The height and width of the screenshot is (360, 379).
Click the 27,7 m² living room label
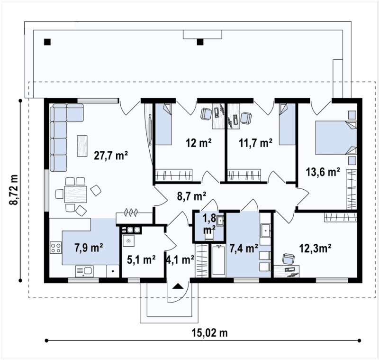tap(111, 155)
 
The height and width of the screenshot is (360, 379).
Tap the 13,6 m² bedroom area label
tap(323, 172)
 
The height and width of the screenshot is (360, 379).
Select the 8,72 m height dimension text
tap(14, 189)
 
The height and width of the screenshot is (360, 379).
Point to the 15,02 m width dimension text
tap(210, 333)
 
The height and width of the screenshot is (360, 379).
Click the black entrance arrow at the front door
tap(178, 286)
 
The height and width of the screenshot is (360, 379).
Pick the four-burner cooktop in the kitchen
tap(55, 248)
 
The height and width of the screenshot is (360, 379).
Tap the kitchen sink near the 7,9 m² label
tap(84, 271)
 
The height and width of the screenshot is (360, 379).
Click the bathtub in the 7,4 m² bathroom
tap(218, 260)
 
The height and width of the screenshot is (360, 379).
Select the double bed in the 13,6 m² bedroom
tap(336, 138)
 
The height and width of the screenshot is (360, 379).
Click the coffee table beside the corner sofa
tap(82, 146)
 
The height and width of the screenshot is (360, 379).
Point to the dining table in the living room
tap(76, 194)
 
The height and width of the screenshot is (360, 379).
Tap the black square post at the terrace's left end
tap(47, 42)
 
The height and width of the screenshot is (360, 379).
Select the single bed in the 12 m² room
tap(163, 124)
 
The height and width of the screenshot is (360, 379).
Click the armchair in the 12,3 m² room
tap(289, 258)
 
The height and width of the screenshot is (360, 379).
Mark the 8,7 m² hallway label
tap(192, 196)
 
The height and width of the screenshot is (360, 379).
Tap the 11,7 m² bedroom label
tap(256, 143)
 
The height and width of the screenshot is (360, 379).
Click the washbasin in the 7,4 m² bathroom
tap(265, 231)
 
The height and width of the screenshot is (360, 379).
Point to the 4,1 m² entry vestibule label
tap(180, 259)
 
